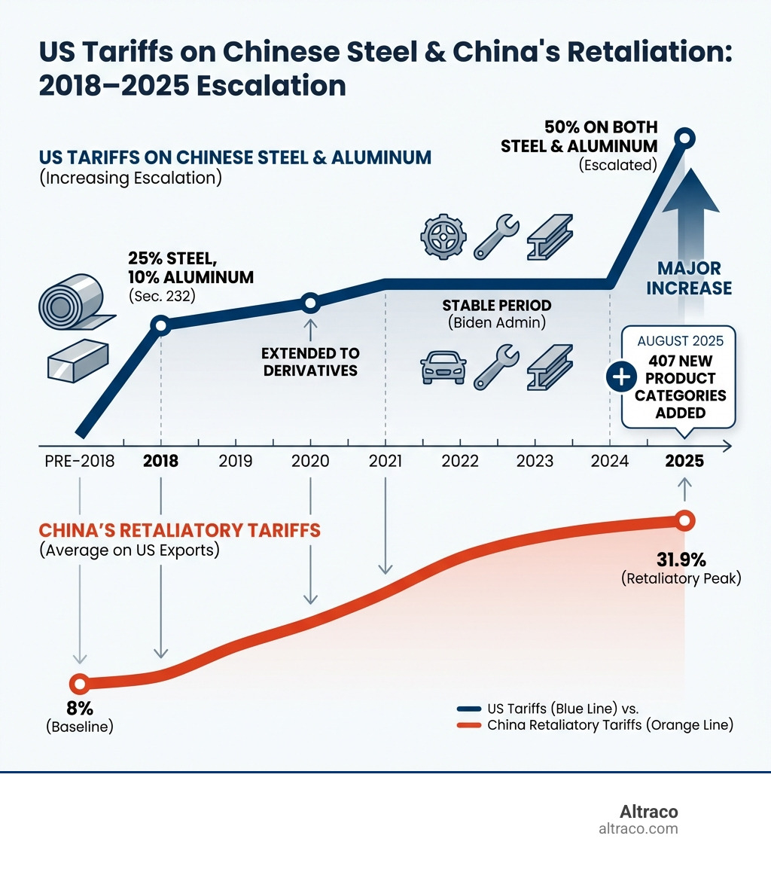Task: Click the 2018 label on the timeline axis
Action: [160, 461]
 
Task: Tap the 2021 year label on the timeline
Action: [385, 461]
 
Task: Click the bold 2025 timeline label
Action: [684, 461]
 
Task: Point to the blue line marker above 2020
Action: [310, 303]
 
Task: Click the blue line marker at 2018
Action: [160, 325]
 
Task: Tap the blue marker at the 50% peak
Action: [684, 138]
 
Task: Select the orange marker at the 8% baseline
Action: [79, 684]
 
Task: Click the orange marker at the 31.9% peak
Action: [684, 520]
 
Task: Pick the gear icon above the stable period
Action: [438, 236]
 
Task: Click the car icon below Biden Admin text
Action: [443, 369]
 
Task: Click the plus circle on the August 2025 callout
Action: [622, 378]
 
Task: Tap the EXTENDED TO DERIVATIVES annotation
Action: [311, 361]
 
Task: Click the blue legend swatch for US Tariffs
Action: [469, 709]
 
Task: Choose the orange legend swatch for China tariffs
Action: [469, 726]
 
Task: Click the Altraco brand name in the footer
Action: [648, 812]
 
